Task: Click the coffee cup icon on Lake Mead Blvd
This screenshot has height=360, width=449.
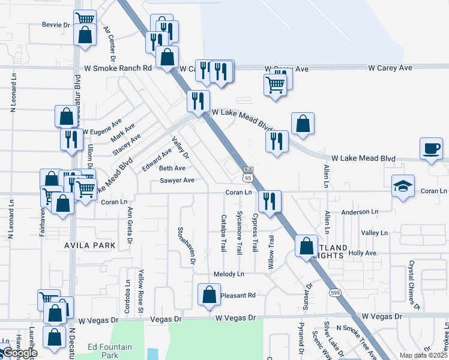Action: point(432,148)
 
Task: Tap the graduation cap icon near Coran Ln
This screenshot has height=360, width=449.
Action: point(403,185)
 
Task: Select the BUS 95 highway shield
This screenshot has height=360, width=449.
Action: point(248,174)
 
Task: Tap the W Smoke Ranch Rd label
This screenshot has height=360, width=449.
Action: point(118,68)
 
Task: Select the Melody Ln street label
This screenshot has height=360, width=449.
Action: point(229,274)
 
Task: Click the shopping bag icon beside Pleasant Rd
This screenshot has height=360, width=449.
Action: point(209,295)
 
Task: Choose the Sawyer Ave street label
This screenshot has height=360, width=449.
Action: point(176,180)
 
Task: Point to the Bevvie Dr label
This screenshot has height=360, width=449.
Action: point(56,25)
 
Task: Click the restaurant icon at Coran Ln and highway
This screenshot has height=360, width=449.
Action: point(269,201)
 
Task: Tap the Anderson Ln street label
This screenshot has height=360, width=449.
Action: point(360,212)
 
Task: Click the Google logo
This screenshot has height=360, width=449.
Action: point(19,353)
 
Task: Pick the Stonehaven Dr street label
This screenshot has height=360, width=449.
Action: point(186,245)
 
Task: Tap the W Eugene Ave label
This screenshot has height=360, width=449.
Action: point(102,131)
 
